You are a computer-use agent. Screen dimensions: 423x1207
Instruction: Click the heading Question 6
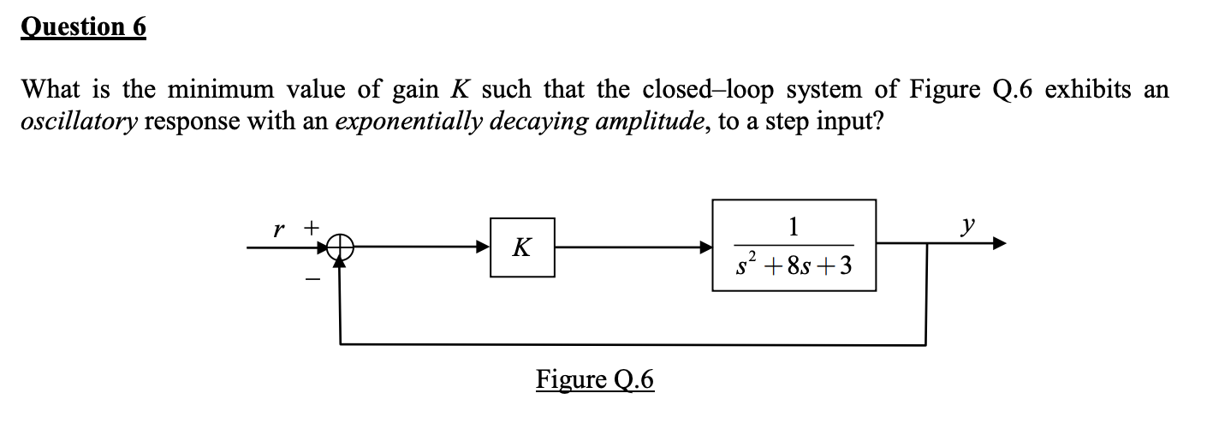[84, 27]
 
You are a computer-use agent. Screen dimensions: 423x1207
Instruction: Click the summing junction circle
[340, 247]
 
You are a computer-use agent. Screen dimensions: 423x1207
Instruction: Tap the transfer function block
[794, 246]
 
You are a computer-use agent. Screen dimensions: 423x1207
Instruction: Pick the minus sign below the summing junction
[314, 279]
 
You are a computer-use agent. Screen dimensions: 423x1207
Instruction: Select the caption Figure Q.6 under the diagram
[595, 378]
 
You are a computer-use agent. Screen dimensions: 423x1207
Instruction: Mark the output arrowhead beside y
[997, 244]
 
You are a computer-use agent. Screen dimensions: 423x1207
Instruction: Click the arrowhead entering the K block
[484, 247]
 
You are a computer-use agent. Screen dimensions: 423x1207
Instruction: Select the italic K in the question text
[449, 88]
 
